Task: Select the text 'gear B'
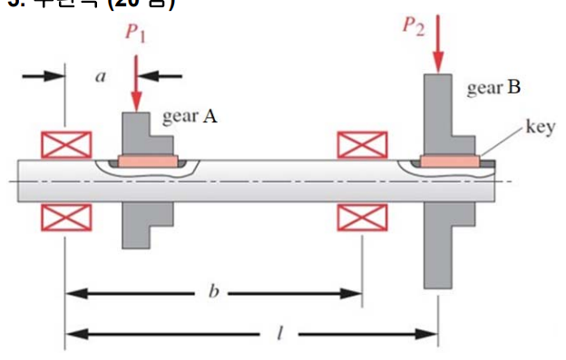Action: click(x=493, y=88)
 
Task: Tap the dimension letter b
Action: click(x=214, y=293)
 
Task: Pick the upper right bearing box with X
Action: click(x=362, y=144)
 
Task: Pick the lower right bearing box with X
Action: click(x=362, y=217)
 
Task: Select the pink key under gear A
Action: click(x=147, y=161)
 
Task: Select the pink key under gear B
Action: click(x=450, y=161)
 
